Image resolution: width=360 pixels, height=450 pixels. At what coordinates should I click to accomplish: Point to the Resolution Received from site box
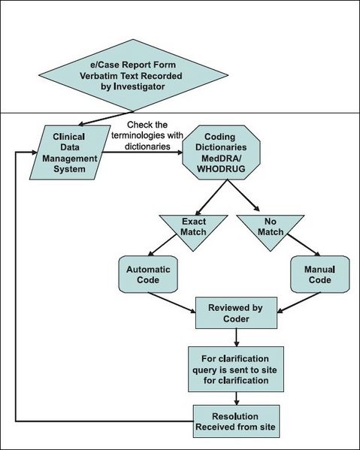[237, 421]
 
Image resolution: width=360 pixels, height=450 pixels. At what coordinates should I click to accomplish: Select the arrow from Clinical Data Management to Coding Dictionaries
[143, 152]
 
